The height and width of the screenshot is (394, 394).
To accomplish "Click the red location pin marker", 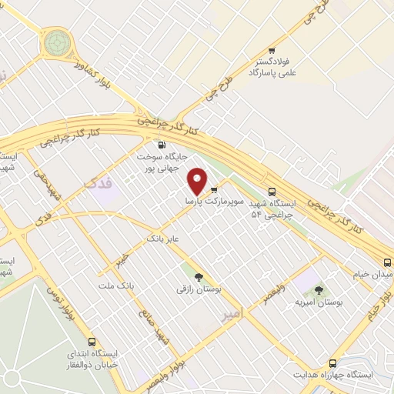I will click(x=198, y=181).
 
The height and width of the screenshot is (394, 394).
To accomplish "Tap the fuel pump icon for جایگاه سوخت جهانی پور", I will click(x=161, y=145).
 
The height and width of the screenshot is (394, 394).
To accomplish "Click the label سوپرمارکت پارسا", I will click(x=214, y=200).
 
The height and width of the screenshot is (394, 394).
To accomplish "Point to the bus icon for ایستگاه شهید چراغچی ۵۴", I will click(x=272, y=192).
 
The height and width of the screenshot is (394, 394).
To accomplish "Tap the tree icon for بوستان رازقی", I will click(x=199, y=277).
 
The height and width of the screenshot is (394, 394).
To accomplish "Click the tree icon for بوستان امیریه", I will click(x=319, y=290).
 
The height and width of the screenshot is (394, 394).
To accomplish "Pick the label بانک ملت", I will click(x=115, y=285).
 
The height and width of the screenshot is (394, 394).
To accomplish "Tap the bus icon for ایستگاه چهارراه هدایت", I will click(x=333, y=362).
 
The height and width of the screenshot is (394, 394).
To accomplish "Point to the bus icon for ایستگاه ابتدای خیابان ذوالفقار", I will click(x=92, y=342).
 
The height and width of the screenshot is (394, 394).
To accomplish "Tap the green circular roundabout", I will click(x=56, y=42).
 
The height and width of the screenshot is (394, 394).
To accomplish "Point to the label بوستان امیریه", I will click(x=319, y=302).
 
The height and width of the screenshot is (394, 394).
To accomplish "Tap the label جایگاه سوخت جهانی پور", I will click(x=159, y=161).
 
